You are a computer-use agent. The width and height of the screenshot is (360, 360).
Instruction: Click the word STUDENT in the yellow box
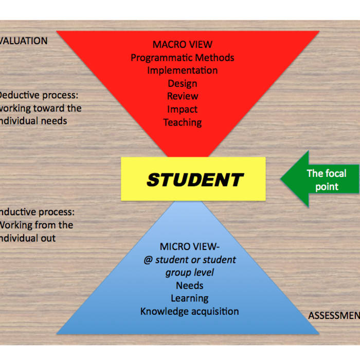coord(194,179)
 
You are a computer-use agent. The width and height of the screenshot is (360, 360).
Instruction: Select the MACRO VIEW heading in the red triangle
coord(182,45)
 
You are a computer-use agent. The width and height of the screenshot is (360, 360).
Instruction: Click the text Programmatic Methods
coord(182,58)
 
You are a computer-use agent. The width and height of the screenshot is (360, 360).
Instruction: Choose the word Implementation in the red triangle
coord(182,70)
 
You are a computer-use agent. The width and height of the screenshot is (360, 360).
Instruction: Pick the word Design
coord(182,83)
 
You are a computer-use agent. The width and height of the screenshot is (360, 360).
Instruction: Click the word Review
coord(182,96)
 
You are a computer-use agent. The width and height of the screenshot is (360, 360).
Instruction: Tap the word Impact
coord(182,109)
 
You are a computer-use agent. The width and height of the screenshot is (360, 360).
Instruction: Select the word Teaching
coord(182,122)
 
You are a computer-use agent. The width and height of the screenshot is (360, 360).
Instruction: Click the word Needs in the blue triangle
coord(189,285)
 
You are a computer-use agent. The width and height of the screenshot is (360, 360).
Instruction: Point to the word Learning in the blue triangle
coord(189,298)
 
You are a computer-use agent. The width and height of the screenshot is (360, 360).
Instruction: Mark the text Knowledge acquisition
coord(189,311)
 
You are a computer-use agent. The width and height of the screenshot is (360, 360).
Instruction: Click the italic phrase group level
coord(189,273)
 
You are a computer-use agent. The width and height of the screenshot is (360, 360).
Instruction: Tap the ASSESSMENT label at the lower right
coord(333,315)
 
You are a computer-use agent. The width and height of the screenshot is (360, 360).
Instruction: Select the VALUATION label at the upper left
coord(23,41)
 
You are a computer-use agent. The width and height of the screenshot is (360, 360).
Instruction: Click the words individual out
coord(28,238)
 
